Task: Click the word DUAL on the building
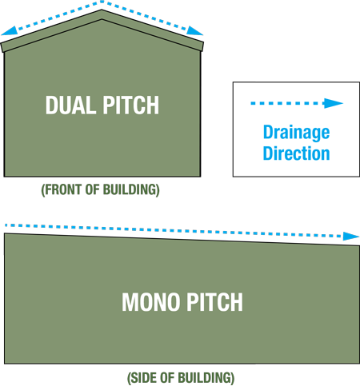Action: click(70, 105)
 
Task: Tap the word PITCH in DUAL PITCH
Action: click(131, 105)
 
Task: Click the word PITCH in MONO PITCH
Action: click(214, 302)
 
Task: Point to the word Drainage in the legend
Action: click(296, 133)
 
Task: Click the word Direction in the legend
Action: click(296, 153)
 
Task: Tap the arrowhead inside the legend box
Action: click(333, 103)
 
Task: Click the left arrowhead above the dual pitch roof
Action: click(10, 31)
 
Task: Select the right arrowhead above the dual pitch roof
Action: click(194, 31)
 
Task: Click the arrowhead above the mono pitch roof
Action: click(351, 237)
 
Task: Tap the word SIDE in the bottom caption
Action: click(144, 378)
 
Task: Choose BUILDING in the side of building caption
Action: click(206, 378)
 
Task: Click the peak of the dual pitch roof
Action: click(102, 10)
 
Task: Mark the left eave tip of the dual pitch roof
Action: click(1, 43)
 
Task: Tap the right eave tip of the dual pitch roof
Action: click(204, 42)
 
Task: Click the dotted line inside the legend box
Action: click(287, 103)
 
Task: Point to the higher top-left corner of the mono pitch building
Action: click(4, 233)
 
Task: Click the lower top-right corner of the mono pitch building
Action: click(359, 246)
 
